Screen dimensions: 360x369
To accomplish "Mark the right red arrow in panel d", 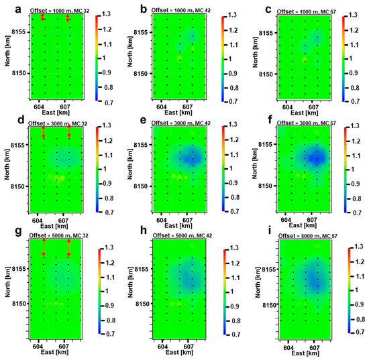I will [x=69, y=133].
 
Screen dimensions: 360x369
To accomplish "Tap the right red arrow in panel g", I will [x=69, y=247].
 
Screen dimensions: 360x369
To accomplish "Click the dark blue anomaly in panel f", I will [x=316, y=158].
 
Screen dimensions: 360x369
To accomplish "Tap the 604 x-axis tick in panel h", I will [x=161, y=347].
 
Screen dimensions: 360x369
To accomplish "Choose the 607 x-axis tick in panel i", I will [x=313, y=348].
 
